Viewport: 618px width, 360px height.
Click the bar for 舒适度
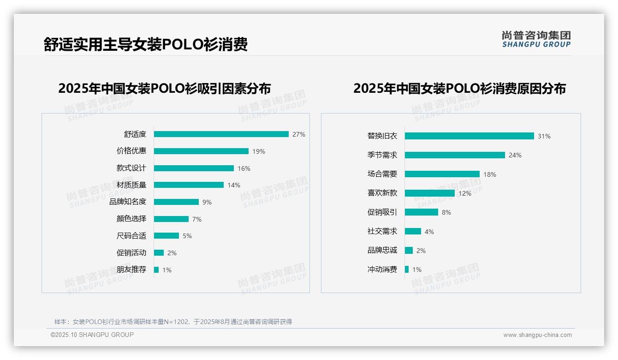221,134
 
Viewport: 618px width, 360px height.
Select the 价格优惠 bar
201,151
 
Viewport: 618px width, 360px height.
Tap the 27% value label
299,134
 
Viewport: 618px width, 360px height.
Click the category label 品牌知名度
128,202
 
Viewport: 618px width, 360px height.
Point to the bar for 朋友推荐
156,270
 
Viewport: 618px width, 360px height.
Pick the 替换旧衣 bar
469,136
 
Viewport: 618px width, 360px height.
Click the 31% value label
544,136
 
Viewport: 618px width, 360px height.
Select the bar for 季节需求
455,155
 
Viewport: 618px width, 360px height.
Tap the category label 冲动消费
382,270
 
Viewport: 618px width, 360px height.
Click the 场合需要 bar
442,174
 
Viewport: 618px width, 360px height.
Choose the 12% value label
465,193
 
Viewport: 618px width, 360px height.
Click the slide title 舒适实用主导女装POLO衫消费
146,44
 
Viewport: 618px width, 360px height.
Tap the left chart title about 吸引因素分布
165,88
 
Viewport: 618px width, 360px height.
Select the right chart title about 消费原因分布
459,88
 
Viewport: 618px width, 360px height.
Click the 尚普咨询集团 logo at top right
536,39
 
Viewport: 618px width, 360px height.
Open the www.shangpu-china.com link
537,335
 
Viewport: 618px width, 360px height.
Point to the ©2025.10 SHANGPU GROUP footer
92,335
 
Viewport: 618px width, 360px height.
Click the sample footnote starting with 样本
173,322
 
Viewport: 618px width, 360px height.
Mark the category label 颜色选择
131,219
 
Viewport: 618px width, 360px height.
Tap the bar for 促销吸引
422,212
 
